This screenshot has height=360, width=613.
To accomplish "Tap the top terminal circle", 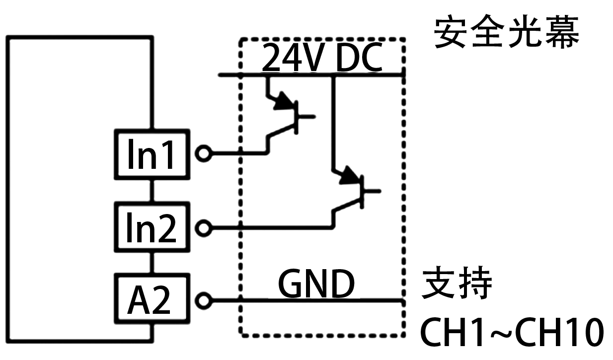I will [x=203, y=153].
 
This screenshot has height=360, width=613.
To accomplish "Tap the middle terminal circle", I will [x=203, y=228].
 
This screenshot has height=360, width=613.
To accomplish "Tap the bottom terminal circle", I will [x=203, y=300].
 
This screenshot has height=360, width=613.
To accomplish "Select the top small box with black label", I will [x=152, y=154].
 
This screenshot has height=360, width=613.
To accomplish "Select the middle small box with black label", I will [x=152, y=227].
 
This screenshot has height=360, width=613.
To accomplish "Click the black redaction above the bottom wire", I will [x=316, y=283].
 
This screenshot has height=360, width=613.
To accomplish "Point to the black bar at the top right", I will [x=506, y=31].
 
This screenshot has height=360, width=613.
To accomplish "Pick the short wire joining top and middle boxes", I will [x=152, y=190].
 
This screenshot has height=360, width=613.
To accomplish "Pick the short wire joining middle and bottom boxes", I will [x=152, y=263].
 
